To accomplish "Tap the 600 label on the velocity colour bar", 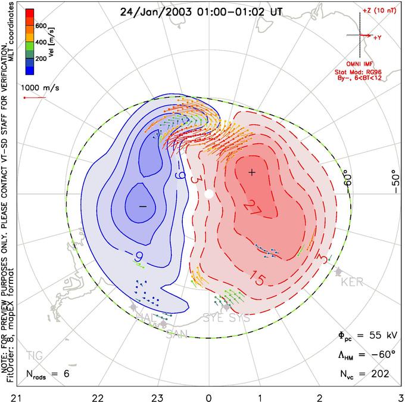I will coord(41,26).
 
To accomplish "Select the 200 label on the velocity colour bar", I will coord(41,60).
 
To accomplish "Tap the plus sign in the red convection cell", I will coord(252,172).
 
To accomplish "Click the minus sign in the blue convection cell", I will coord(142,206).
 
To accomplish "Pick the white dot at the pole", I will coord(208,194).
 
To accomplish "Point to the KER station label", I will coord(352,282).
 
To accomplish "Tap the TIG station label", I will coord(35,356).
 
